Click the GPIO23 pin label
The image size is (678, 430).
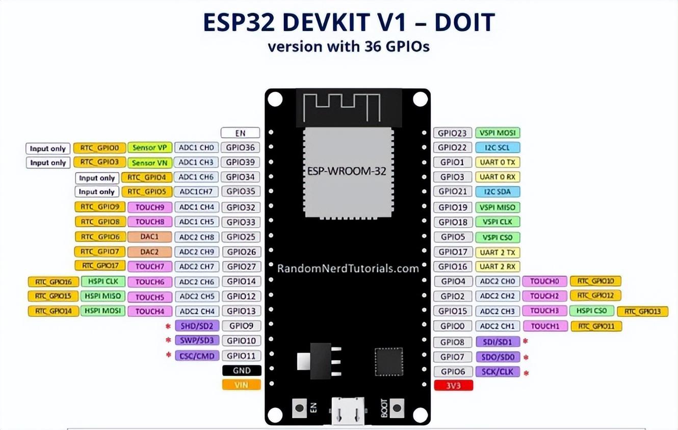(452, 133)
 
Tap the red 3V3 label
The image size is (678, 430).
(453, 386)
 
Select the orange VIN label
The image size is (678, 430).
(242, 385)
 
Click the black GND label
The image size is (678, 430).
(242, 370)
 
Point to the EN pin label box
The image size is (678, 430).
(240, 133)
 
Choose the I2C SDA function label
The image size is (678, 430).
(498, 192)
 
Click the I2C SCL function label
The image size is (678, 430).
(498, 148)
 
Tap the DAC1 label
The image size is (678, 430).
(150, 237)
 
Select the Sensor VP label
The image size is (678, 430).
(150, 148)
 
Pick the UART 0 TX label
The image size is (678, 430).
(498, 163)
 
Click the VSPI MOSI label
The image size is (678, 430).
(498, 133)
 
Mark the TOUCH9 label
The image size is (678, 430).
(150, 207)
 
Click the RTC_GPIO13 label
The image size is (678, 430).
(642, 311)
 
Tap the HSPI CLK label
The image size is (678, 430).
(103, 281)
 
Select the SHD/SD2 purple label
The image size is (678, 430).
(197, 326)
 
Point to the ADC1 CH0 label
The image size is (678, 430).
(197, 148)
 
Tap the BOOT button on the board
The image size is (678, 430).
(396, 407)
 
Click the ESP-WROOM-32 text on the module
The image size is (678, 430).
(347, 171)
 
